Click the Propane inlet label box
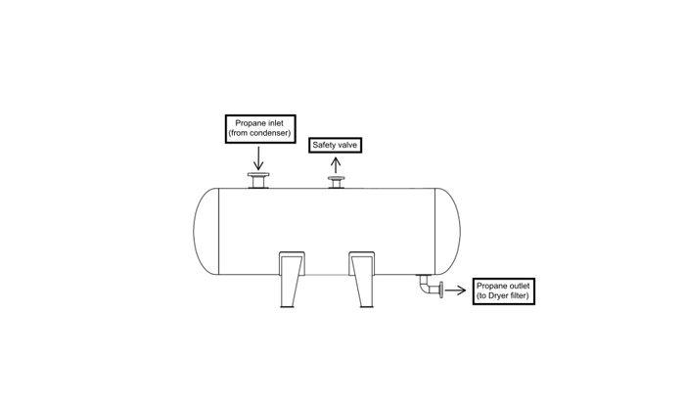point(259,127)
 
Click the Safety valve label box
point(337,145)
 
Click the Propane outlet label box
point(504,290)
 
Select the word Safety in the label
point(325,145)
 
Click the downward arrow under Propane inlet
point(259,156)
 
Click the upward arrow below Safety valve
point(337,163)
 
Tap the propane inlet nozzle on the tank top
point(259,180)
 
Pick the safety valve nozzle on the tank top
point(337,183)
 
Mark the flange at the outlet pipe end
point(442,289)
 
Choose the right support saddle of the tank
point(363,278)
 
